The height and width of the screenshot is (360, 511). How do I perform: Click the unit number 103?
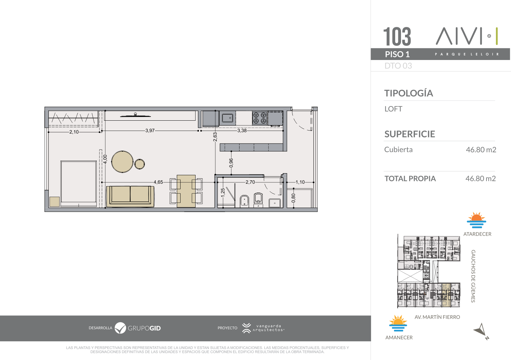397,36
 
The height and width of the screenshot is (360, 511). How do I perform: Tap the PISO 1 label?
398,54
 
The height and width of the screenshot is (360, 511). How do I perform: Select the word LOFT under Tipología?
393,109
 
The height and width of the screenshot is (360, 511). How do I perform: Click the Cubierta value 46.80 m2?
481,150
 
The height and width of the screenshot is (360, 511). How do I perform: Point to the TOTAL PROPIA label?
410,179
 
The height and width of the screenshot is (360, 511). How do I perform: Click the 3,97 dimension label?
150,131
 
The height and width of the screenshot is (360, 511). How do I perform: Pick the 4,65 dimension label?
158,182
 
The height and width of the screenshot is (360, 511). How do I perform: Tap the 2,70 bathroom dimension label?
250,182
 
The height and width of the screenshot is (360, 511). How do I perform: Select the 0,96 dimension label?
231,163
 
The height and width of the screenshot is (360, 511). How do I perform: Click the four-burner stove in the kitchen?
260,118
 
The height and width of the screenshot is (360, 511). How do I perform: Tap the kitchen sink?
228,118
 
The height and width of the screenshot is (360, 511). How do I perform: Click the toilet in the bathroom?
258,200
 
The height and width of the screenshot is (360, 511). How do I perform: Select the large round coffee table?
122,162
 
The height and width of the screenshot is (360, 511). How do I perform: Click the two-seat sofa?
130,196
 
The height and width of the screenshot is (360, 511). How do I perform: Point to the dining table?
186,191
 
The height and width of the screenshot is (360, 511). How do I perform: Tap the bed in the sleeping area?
78,183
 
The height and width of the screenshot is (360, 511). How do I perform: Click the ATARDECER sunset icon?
476,220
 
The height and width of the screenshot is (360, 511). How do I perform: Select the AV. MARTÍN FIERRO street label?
437,317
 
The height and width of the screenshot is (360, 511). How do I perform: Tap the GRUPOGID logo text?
144,328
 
